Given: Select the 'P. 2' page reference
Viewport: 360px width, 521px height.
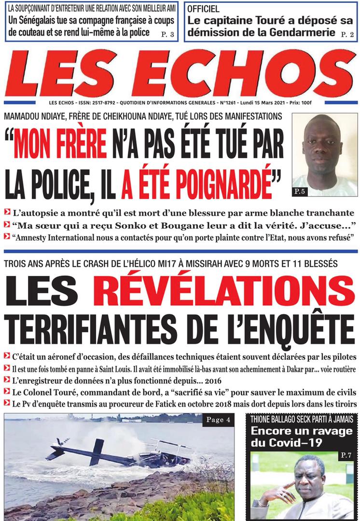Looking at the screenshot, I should click(x=347, y=34).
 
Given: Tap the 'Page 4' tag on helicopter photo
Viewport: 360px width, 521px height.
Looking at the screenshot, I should click(x=218, y=420).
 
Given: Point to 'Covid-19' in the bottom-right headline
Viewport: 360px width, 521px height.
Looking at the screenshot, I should click(x=326, y=443).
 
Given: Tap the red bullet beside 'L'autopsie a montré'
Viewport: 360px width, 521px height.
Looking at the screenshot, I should click(x=7, y=213).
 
